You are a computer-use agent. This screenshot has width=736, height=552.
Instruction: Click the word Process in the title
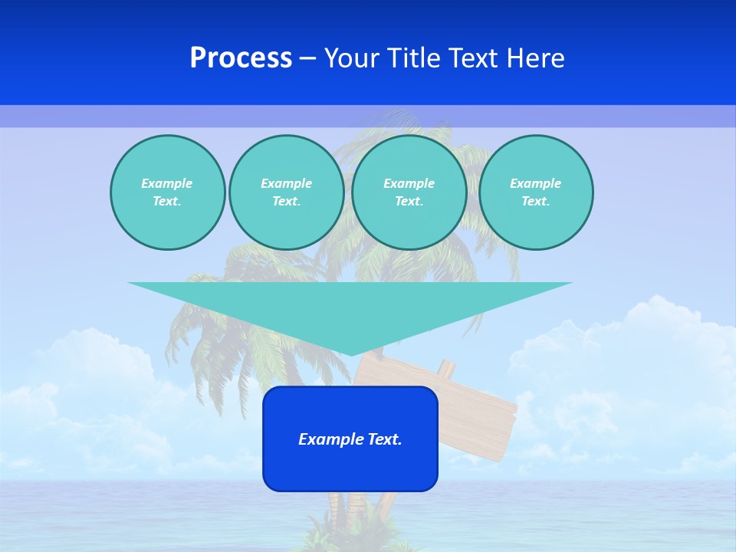[x=241, y=58]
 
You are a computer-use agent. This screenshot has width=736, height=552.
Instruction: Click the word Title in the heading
[x=414, y=58]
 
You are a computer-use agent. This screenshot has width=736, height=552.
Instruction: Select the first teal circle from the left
[x=167, y=192]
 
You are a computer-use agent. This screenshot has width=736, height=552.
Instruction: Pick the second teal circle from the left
[x=286, y=192]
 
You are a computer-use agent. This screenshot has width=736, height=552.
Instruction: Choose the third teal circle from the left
[x=409, y=192]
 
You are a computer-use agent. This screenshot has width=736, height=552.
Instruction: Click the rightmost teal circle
[x=535, y=192]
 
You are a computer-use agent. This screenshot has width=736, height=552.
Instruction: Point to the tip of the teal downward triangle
[x=350, y=353]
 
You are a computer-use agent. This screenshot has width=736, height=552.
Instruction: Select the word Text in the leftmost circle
[x=166, y=202]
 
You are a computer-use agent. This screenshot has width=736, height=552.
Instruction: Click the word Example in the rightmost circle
[x=535, y=183]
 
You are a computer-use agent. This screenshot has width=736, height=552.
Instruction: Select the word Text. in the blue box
[x=383, y=439]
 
